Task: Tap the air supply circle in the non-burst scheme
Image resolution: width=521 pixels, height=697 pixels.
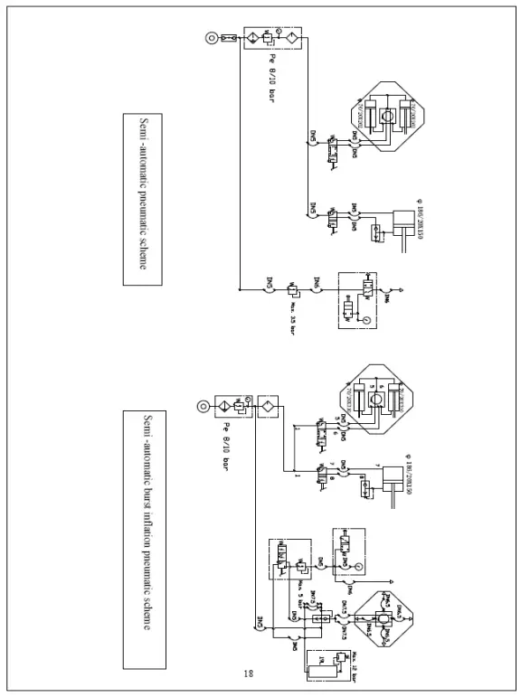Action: [x=210, y=39]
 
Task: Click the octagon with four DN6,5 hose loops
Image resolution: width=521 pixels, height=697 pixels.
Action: [x=383, y=625]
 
